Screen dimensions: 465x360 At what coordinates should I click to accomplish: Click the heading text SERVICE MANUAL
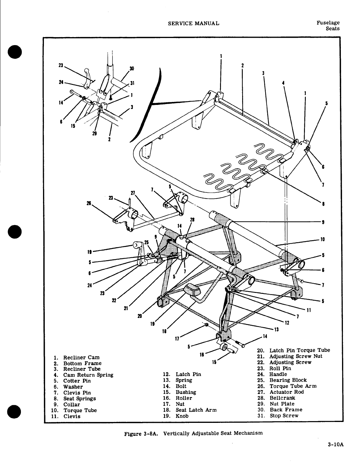[x=193, y=23]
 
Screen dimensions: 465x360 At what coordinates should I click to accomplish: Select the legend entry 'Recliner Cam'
[x=81, y=357]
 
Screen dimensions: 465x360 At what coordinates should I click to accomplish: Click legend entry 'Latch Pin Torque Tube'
[x=300, y=350]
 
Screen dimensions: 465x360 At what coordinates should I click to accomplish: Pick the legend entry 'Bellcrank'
[x=282, y=398]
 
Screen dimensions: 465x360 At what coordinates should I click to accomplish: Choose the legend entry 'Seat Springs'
[x=80, y=398]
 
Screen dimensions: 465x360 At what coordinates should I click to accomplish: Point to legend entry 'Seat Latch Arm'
[x=196, y=410]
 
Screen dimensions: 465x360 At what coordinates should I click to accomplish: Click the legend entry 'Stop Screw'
[x=284, y=415]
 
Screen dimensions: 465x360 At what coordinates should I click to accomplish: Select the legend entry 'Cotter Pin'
[x=77, y=381]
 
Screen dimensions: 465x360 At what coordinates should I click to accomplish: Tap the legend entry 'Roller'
[x=184, y=398]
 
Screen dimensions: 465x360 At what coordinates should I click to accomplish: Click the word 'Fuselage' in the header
[x=328, y=23]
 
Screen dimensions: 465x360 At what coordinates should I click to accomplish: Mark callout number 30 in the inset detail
[x=132, y=69]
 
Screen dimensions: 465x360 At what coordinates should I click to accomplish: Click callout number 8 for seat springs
[x=323, y=204]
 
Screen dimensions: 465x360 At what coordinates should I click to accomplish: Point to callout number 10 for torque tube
[x=323, y=239]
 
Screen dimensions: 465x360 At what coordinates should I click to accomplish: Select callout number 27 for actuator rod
[x=133, y=193]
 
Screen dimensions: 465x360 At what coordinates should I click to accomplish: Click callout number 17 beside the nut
[x=177, y=339]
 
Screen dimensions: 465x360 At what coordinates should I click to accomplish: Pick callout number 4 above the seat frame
[x=283, y=83]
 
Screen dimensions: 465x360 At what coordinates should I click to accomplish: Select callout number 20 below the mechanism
[x=140, y=316]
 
